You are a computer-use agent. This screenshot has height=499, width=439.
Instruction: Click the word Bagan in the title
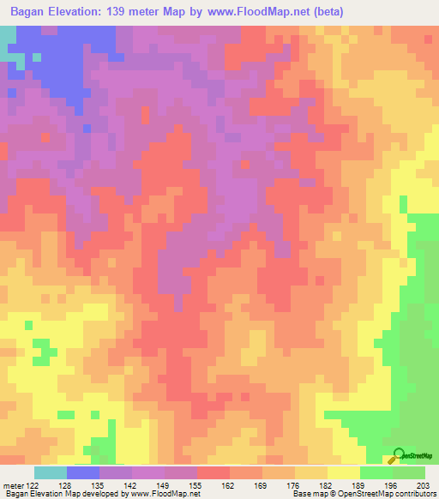coord(31,11)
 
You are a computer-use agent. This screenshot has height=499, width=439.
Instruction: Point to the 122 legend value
coord(32,484)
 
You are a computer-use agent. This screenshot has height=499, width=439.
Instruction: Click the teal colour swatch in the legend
coord(50,472)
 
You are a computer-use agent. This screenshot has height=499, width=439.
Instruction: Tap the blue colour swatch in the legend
coord(82,472)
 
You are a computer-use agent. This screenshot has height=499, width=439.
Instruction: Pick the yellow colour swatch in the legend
coord(344,472)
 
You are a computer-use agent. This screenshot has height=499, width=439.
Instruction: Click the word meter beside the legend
coord(12,484)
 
